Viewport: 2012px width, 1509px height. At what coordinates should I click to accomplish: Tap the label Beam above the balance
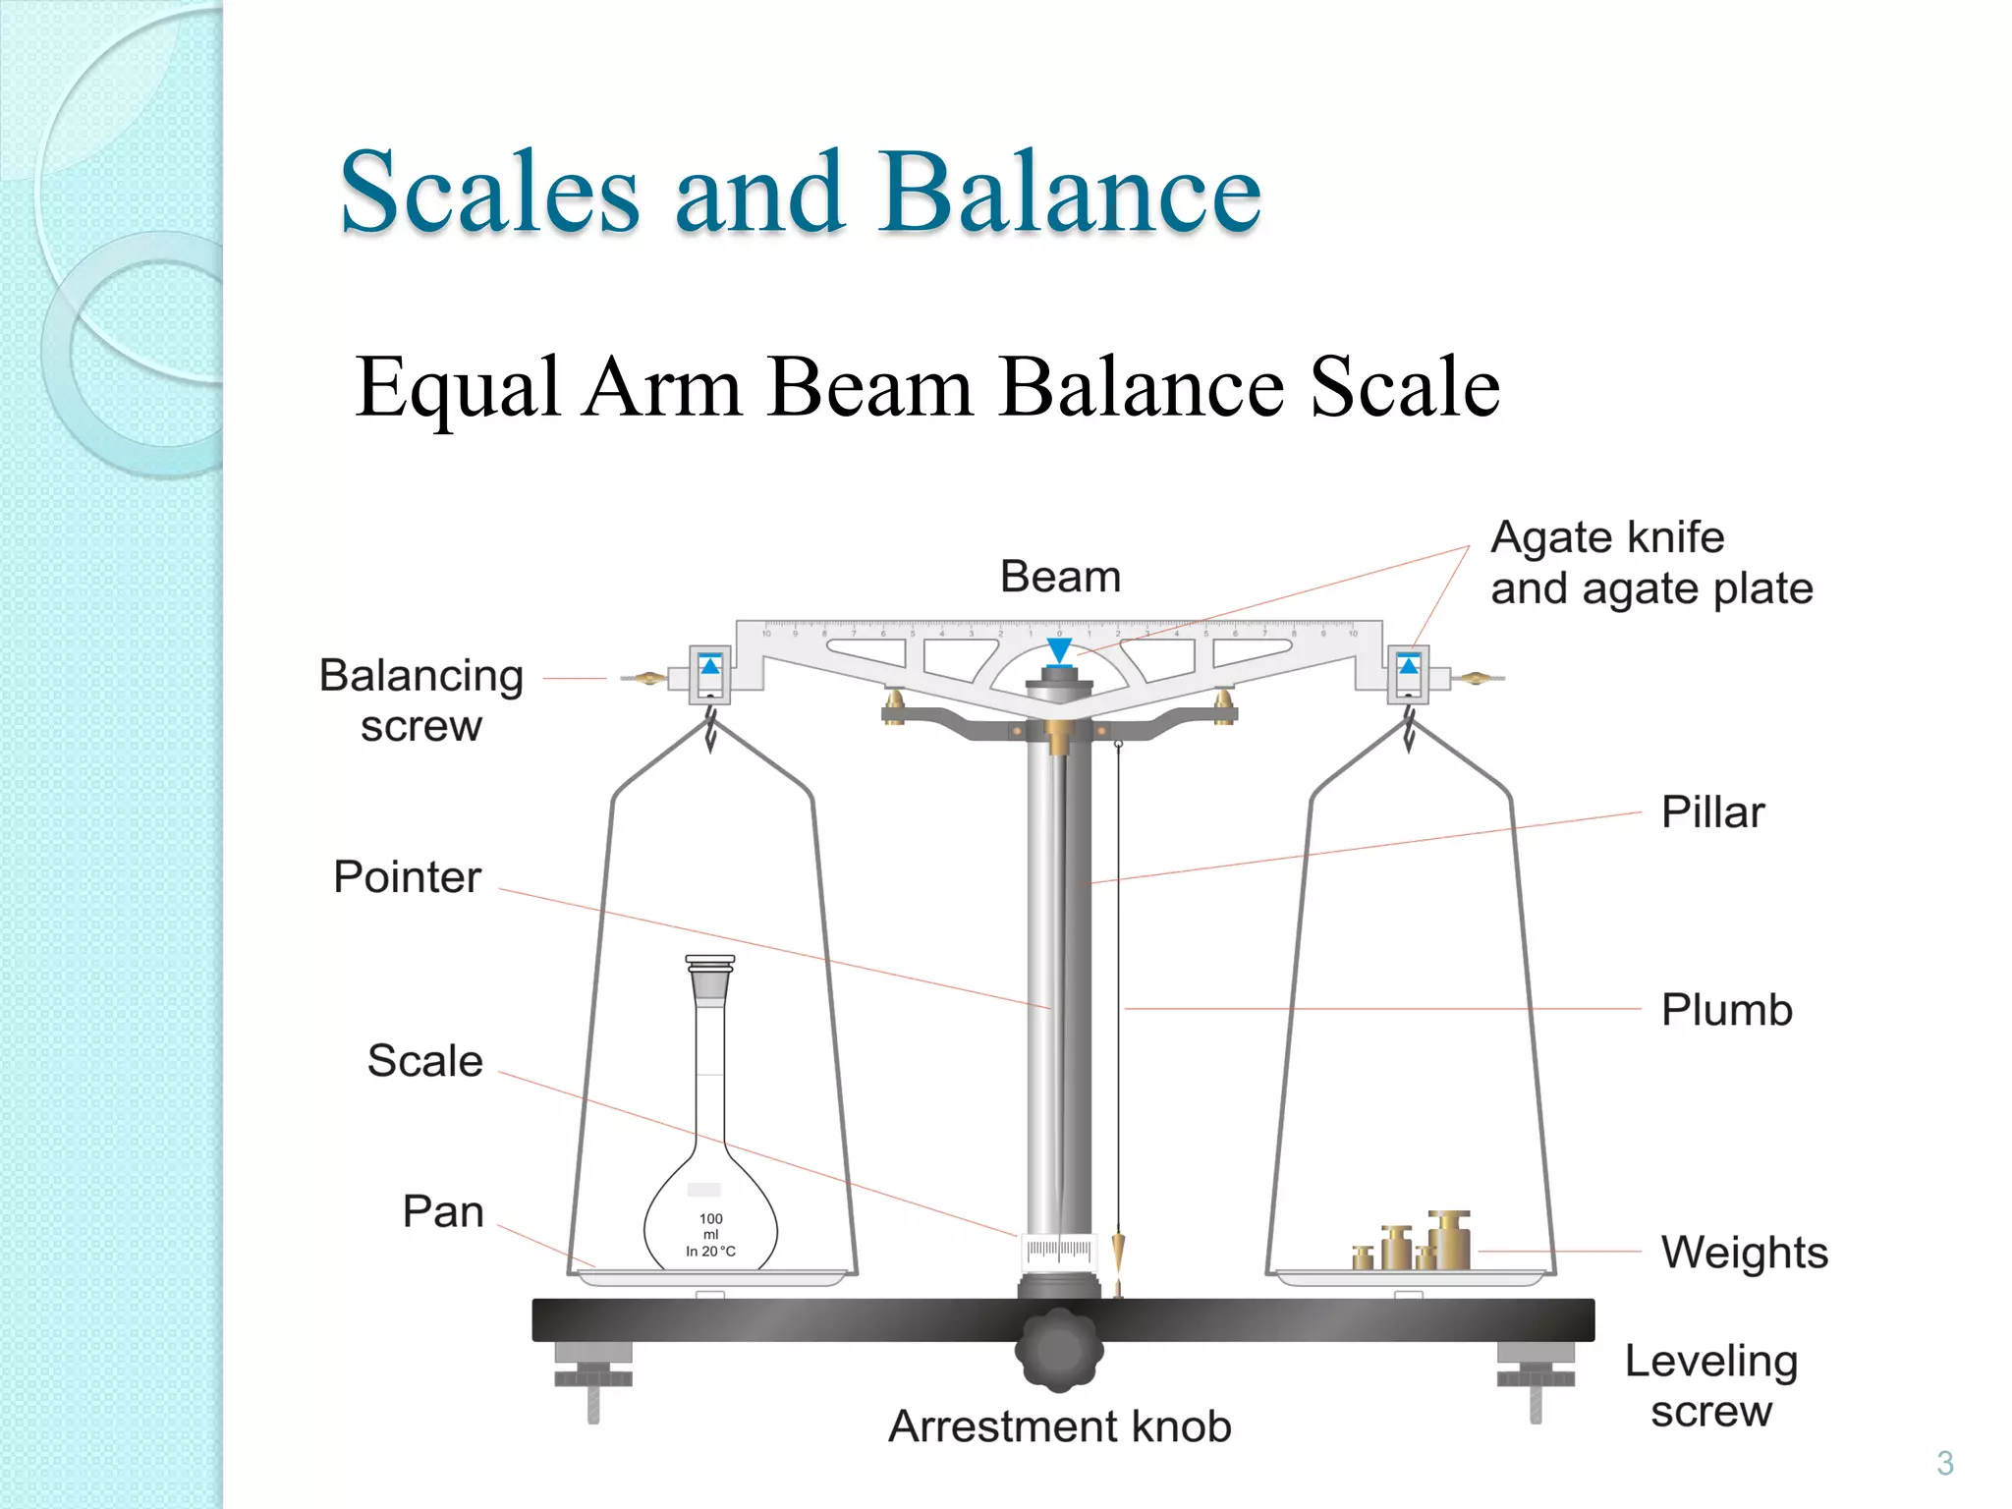point(1060,577)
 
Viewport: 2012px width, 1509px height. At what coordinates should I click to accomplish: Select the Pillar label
point(1712,812)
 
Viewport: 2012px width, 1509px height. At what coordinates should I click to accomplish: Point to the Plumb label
point(1726,1010)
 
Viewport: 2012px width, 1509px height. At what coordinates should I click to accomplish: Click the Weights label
point(1744,1253)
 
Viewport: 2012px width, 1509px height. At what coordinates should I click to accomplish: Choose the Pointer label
point(407,877)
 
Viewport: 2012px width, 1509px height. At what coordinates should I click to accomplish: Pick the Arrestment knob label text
point(1059,1426)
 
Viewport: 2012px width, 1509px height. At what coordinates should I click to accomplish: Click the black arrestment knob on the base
point(1058,1349)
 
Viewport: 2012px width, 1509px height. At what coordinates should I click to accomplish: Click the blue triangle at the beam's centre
point(1059,649)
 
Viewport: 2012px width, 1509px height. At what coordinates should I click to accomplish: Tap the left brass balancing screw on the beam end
point(645,677)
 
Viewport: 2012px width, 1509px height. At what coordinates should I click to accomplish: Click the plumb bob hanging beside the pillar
point(1118,1254)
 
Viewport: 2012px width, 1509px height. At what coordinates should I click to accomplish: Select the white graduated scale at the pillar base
point(1058,1250)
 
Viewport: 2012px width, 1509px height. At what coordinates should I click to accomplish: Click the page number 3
point(1944,1463)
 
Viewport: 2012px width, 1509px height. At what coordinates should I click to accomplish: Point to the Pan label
point(443,1212)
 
